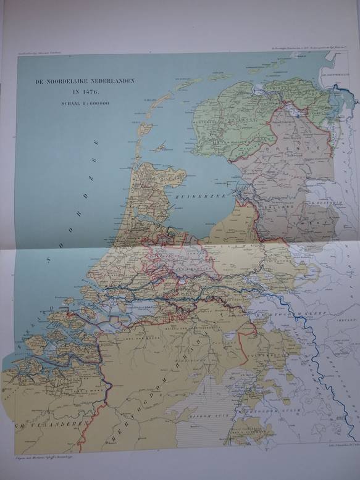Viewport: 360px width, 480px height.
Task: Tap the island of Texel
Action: (x=144, y=130)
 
